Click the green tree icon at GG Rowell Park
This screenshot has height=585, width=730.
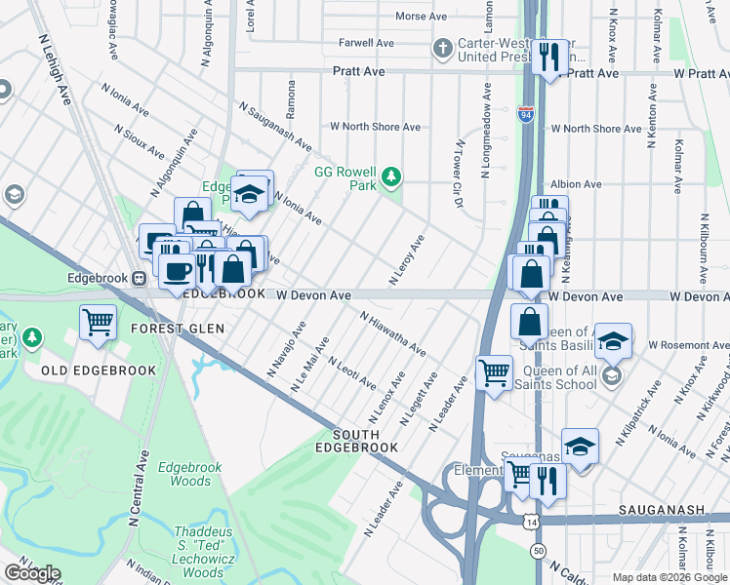pos(390,176)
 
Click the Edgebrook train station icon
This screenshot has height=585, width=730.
pos(140,278)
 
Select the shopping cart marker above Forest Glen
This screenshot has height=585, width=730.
pos(98,322)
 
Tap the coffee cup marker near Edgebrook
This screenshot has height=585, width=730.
pos(177,270)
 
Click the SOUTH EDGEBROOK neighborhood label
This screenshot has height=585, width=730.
pos(365,441)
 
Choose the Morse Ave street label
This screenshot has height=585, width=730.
pos(421,17)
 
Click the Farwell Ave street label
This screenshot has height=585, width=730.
pos(366,43)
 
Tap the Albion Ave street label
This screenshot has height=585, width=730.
pos(576,184)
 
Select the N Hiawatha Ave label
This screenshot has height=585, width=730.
pos(392,333)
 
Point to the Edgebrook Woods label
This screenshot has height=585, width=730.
pos(190,475)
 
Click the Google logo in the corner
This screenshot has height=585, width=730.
pos(31,573)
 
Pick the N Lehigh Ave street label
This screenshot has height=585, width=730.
pos(56,72)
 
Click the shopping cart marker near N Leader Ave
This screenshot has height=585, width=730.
pos(494,372)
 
